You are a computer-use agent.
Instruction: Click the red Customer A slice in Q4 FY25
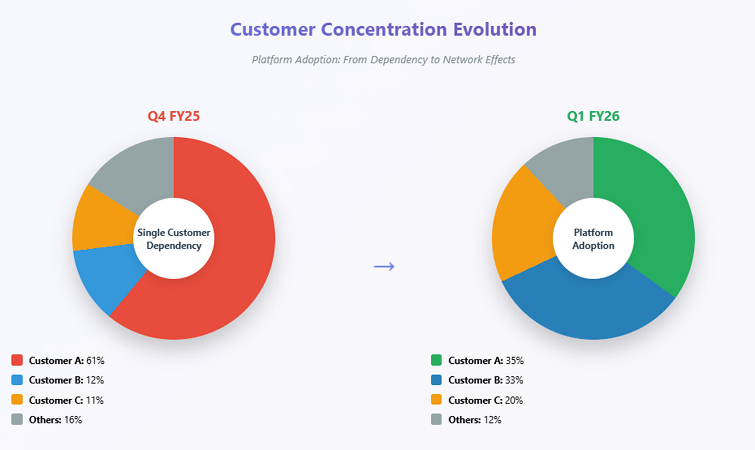[233, 259]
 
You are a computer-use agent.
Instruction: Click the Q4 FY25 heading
[173, 116]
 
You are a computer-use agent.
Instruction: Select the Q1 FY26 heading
[593, 116]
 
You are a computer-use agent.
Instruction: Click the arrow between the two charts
[384, 266]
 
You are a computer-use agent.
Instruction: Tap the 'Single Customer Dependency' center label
[174, 239]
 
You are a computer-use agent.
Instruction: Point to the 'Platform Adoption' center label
[593, 239]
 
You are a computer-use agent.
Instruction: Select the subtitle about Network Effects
[383, 60]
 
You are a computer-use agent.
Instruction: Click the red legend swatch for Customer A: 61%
[17, 360]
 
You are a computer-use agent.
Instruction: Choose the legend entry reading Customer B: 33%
[485, 380]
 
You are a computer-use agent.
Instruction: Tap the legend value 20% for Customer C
[514, 400]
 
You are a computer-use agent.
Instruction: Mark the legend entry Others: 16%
[55, 420]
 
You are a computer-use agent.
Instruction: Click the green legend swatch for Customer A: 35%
[436, 360]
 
